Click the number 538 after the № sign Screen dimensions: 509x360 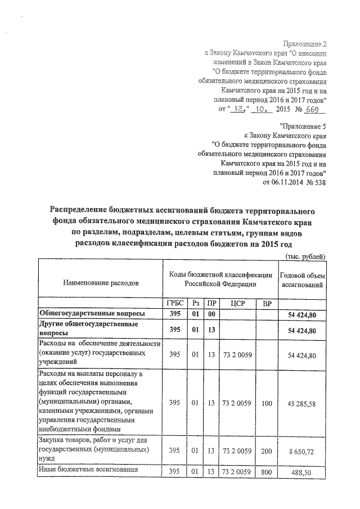318,182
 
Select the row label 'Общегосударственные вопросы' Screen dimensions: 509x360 91,313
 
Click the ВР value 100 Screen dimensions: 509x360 267,402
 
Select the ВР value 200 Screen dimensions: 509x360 267,451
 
